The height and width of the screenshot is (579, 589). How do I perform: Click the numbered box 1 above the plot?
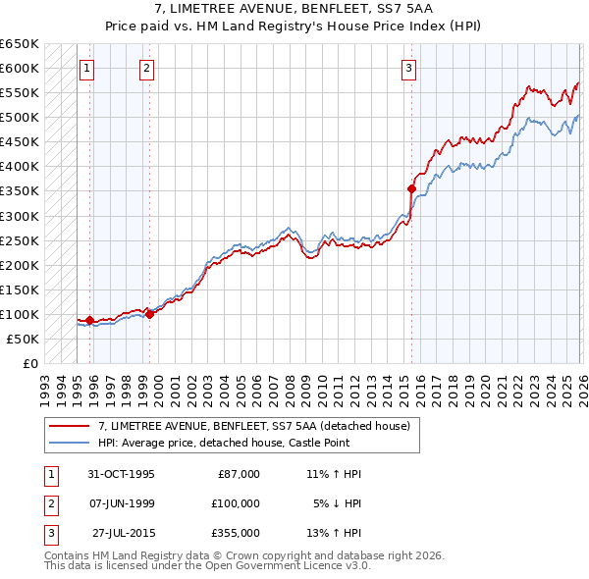87,69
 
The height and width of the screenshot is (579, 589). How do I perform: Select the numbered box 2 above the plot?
146,69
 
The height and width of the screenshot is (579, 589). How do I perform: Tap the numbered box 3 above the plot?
408,69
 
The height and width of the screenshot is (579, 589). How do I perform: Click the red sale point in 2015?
412,188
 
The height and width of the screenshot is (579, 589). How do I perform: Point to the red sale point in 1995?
90,320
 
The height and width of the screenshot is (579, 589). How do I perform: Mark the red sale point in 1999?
149,314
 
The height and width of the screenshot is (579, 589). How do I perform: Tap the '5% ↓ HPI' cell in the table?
336,503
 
